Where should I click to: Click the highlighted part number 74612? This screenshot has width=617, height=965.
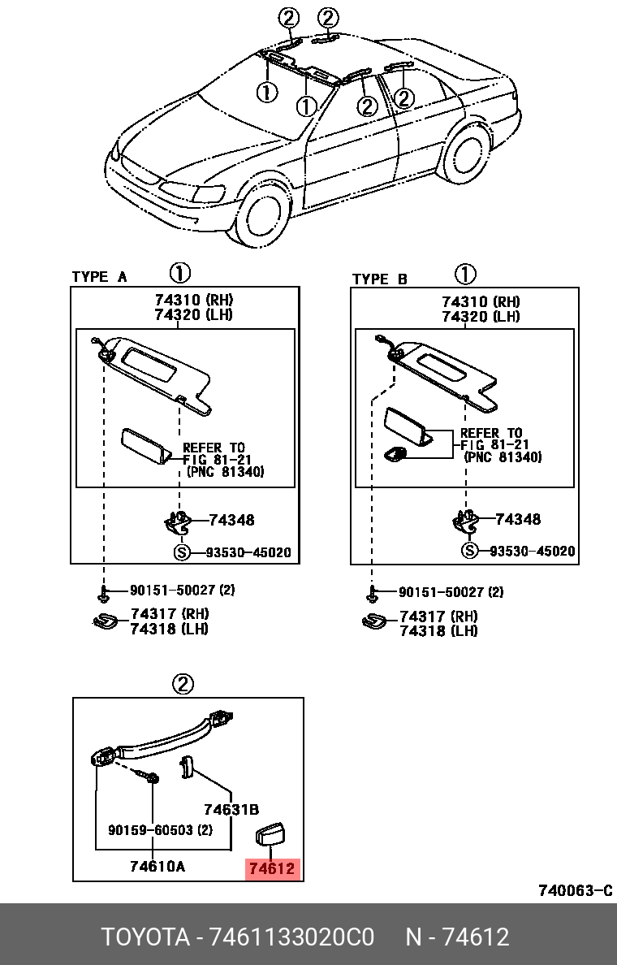pyautogui.click(x=274, y=869)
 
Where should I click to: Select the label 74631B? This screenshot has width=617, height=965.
pyautogui.click(x=231, y=809)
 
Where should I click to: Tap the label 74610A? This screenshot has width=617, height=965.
pyautogui.click(x=157, y=866)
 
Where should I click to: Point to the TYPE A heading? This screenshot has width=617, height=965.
pyautogui.click(x=99, y=277)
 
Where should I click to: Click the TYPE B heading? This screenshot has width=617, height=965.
pyautogui.click(x=380, y=279)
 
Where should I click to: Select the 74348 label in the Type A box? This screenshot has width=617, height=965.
pyautogui.click(x=231, y=520)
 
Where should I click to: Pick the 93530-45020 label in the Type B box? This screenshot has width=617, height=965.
pyautogui.click(x=532, y=552)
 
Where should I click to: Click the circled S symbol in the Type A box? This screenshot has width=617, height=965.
pyautogui.click(x=183, y=553)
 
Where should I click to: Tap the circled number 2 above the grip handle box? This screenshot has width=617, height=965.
pyautogui.click(x=183, y=684)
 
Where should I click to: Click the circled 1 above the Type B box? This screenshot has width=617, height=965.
pyautogui.click(x=465, y=274)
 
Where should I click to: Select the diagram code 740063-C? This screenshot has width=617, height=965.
pyautogui.click(x=575, y=891)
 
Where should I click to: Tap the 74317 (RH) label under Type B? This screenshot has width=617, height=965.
pyautogui.click(x=438, y=617)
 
